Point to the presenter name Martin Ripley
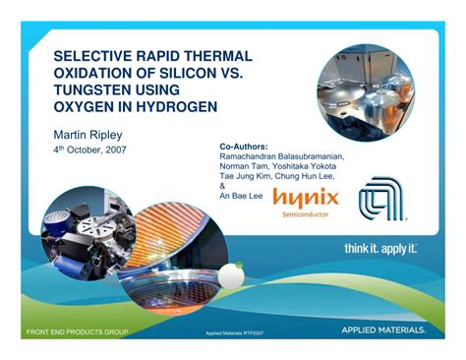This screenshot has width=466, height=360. click(87, 132)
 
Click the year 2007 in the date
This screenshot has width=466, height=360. click(111, 150)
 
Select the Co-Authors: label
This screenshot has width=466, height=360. click(244, 146)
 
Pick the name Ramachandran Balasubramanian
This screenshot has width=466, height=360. click(288, 156)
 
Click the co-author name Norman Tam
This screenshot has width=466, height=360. click(245, 166)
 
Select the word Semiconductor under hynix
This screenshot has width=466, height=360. click(307, 213)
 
